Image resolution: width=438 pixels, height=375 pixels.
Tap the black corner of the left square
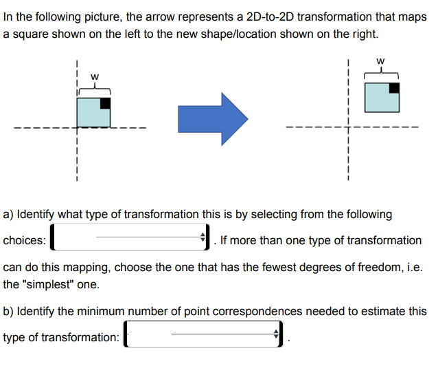pos(105,103)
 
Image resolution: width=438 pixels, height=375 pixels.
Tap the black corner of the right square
pos(394,87)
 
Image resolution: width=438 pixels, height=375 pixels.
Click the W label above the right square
pos(381,61)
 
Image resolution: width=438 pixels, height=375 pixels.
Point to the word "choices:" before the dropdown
pos(25,240)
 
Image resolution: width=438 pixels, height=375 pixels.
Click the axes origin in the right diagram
pos(349,127)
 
